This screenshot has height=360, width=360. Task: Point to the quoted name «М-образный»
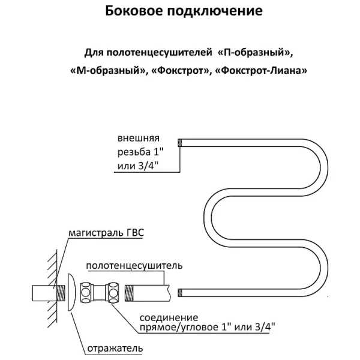point(107,71)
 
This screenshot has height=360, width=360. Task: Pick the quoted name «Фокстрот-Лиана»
point(261,70)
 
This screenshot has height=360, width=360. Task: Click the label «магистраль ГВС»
point(106,233)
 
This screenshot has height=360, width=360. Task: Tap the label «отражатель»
point(115,348)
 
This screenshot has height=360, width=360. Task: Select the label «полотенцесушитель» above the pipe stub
point(134,266)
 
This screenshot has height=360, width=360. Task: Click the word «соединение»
point(169,318)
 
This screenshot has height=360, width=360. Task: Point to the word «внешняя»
point(139,138)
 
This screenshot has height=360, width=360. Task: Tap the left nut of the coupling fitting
point(86,293)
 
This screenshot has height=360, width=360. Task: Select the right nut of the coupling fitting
point(113,293)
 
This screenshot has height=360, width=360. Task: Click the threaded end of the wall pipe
point(61,293)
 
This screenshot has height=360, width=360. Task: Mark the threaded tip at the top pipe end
point(180,143)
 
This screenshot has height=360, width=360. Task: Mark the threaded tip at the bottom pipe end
point(180,293)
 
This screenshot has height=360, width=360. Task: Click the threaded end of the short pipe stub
point(129,293)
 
